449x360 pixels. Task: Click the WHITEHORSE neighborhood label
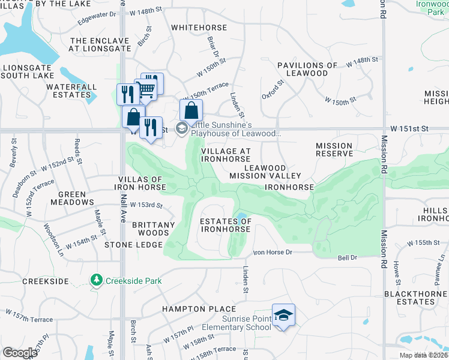(199, 28)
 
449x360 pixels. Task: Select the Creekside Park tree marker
(96, 280)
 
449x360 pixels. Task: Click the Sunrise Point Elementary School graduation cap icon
(284, 314)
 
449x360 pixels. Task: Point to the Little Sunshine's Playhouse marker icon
(181, 128)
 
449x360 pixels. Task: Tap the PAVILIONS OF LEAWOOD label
(307, 69)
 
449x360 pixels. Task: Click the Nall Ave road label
(122, 204)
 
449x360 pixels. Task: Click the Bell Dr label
(347, 257)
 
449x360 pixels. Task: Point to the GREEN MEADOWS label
(76, 199)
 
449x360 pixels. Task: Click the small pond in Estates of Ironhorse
(241, 217)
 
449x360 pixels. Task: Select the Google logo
(20, 353)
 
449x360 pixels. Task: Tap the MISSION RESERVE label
(334, 149)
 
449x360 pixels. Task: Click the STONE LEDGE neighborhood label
(133, 245)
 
